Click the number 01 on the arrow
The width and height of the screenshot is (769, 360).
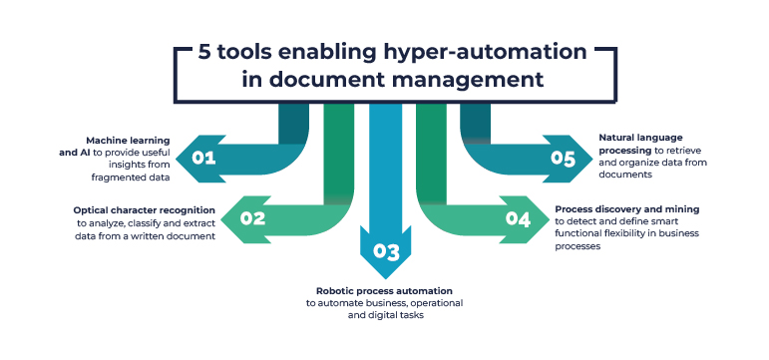pyautogui.click(x=204, y=158)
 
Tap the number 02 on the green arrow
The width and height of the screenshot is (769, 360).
pyautogui.click(x=253, y=217)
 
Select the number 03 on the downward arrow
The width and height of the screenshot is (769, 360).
pyautogui.click(x=385, y=249)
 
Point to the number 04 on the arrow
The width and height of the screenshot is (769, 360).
pyautogui.click(x=518, y=217)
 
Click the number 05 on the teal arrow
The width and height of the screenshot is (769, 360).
pyautogui.click(x=565, y=158)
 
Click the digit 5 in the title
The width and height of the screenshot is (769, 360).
pyautogui.click(x=204, y=52)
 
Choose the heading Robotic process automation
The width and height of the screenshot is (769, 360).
pyautogui.click(x=384, y=290)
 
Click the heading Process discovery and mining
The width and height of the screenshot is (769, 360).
pyautogui.click(x=626, y=209)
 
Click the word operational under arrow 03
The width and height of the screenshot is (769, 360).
pyautogui.click(x=433, y=302)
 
